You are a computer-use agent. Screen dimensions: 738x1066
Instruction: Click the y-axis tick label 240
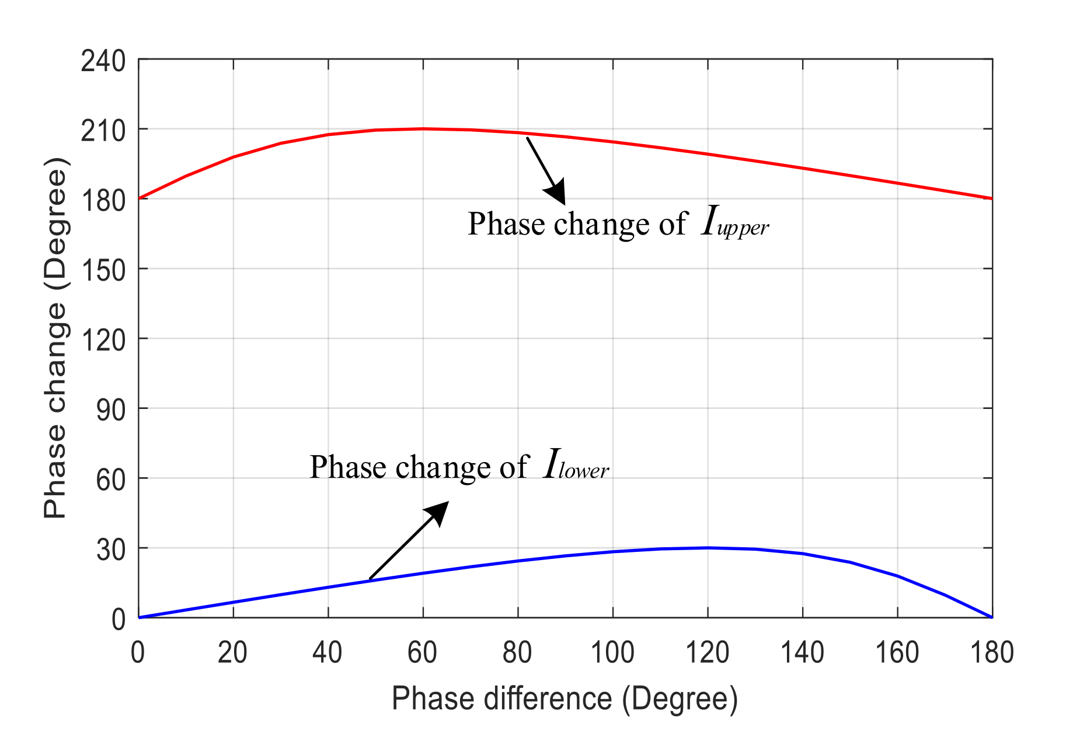point(103,61)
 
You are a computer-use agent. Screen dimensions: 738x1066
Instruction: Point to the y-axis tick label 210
point(103,131)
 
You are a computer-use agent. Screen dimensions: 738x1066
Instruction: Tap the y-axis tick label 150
point(103,271)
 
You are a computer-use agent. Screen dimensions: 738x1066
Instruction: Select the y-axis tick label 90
point(111,411)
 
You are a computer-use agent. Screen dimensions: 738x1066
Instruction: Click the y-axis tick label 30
point(111,550)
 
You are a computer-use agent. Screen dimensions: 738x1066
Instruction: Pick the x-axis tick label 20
point(232,653)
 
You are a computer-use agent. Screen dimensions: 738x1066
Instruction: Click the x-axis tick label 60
point(422,653)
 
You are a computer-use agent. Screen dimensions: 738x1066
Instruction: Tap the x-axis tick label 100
point(612,653)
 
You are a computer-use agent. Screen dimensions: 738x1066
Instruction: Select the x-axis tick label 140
point(802,653)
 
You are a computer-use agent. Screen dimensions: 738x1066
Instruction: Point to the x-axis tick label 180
point(991,653)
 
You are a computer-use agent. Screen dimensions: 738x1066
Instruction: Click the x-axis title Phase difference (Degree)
point(565,698)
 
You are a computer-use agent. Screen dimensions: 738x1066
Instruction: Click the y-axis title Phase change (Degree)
point(57,338)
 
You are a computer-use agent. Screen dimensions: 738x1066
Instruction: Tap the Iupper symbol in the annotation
point(734,223)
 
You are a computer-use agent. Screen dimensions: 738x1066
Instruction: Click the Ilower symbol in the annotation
point(575,466)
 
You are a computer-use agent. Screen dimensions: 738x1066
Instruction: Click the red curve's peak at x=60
point(423,128)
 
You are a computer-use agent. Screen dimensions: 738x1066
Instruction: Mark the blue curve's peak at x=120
point(708,548)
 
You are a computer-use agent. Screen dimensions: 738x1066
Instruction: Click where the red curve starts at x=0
point(139,198)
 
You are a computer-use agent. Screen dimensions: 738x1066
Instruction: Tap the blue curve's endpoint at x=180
point(991,617)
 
